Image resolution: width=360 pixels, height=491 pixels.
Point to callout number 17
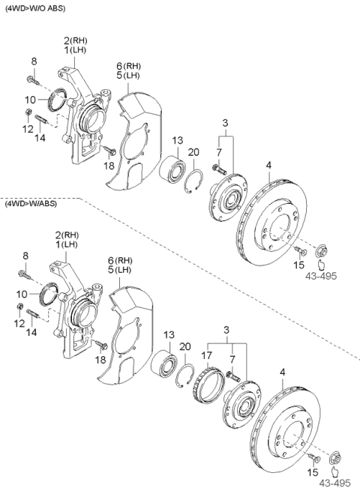click(206, 346)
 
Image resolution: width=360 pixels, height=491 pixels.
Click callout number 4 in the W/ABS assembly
click(282, 371)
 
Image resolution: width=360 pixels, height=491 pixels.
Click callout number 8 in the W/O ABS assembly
click(34, 61)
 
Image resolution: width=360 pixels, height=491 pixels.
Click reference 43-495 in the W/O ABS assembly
click(320, 275)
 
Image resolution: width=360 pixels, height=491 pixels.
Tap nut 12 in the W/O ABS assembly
click(28, 113)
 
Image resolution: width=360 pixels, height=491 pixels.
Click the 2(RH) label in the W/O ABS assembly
click(76, 40)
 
